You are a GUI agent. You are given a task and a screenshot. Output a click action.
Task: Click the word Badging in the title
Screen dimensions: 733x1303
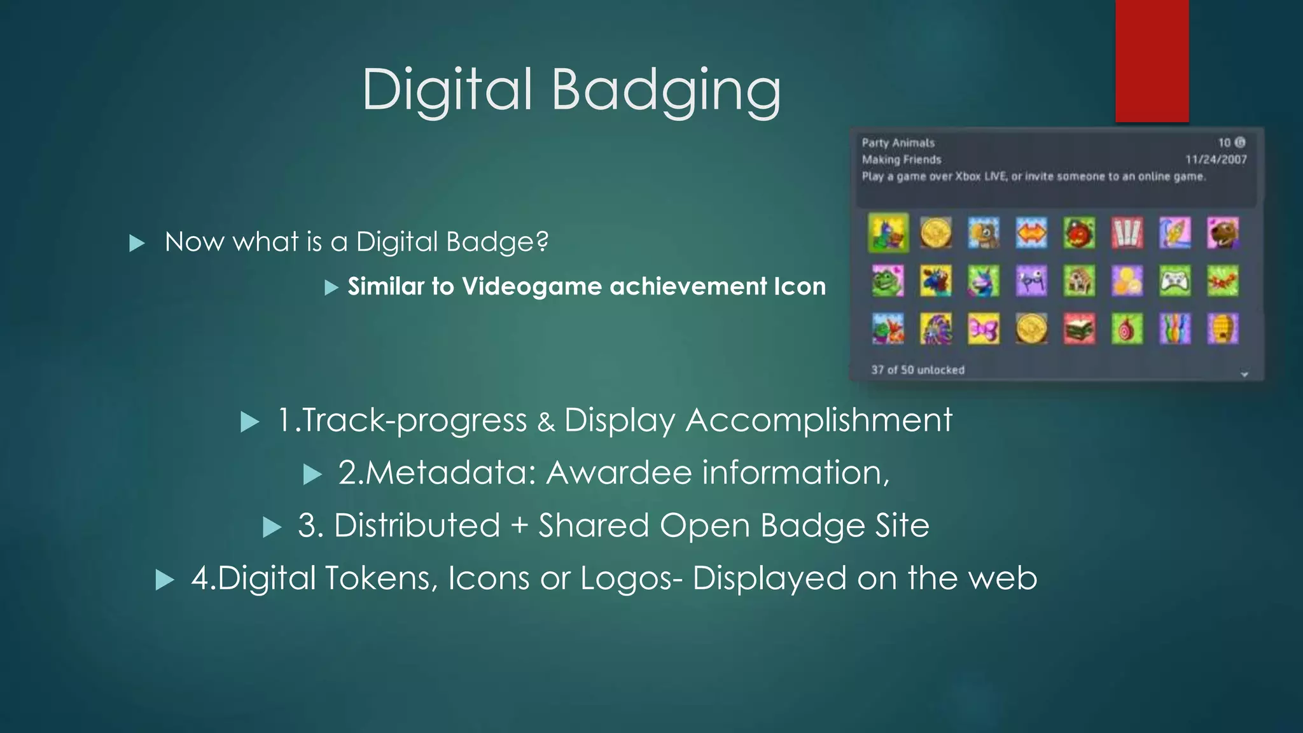coord(666,90)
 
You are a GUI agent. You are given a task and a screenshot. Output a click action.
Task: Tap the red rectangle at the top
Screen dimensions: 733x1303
coord(1152,60)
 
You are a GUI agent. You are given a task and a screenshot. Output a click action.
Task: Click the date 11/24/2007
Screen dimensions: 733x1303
coord(1216,160)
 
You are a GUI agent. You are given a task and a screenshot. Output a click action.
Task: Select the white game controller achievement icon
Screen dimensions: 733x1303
coord(1174,281)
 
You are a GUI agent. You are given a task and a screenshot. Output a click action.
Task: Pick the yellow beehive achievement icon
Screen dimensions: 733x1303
coord(1223,329)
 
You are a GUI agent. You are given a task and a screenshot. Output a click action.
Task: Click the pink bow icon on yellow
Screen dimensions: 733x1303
coord(984,329)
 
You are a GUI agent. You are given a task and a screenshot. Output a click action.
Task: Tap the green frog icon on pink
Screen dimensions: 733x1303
coord(888,281)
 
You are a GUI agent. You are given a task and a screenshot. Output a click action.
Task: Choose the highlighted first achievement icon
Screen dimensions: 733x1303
coord(888,233)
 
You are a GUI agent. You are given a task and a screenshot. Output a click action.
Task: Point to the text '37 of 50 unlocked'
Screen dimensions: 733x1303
coord(917,370)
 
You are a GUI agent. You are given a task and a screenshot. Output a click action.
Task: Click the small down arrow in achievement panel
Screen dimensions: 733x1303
coord(1244,374)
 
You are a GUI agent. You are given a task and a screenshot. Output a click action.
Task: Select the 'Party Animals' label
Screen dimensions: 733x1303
coord(898,143)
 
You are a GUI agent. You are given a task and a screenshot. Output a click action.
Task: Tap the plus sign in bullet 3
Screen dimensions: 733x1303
coord(519,526)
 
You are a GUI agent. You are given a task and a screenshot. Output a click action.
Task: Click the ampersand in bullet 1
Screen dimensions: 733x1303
coord(546,422)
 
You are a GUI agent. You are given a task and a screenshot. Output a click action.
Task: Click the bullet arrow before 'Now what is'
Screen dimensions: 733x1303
coord(137,243)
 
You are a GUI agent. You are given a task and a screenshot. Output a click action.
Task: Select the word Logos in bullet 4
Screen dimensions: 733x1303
coord(627,578)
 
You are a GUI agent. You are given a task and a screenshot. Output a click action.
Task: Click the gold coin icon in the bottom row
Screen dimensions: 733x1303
coord(1031,329)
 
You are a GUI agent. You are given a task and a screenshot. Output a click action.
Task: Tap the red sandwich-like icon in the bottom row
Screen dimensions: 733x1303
coord(1079,329)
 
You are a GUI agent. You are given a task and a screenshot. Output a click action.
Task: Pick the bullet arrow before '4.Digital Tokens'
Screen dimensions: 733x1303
coord(165,580)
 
